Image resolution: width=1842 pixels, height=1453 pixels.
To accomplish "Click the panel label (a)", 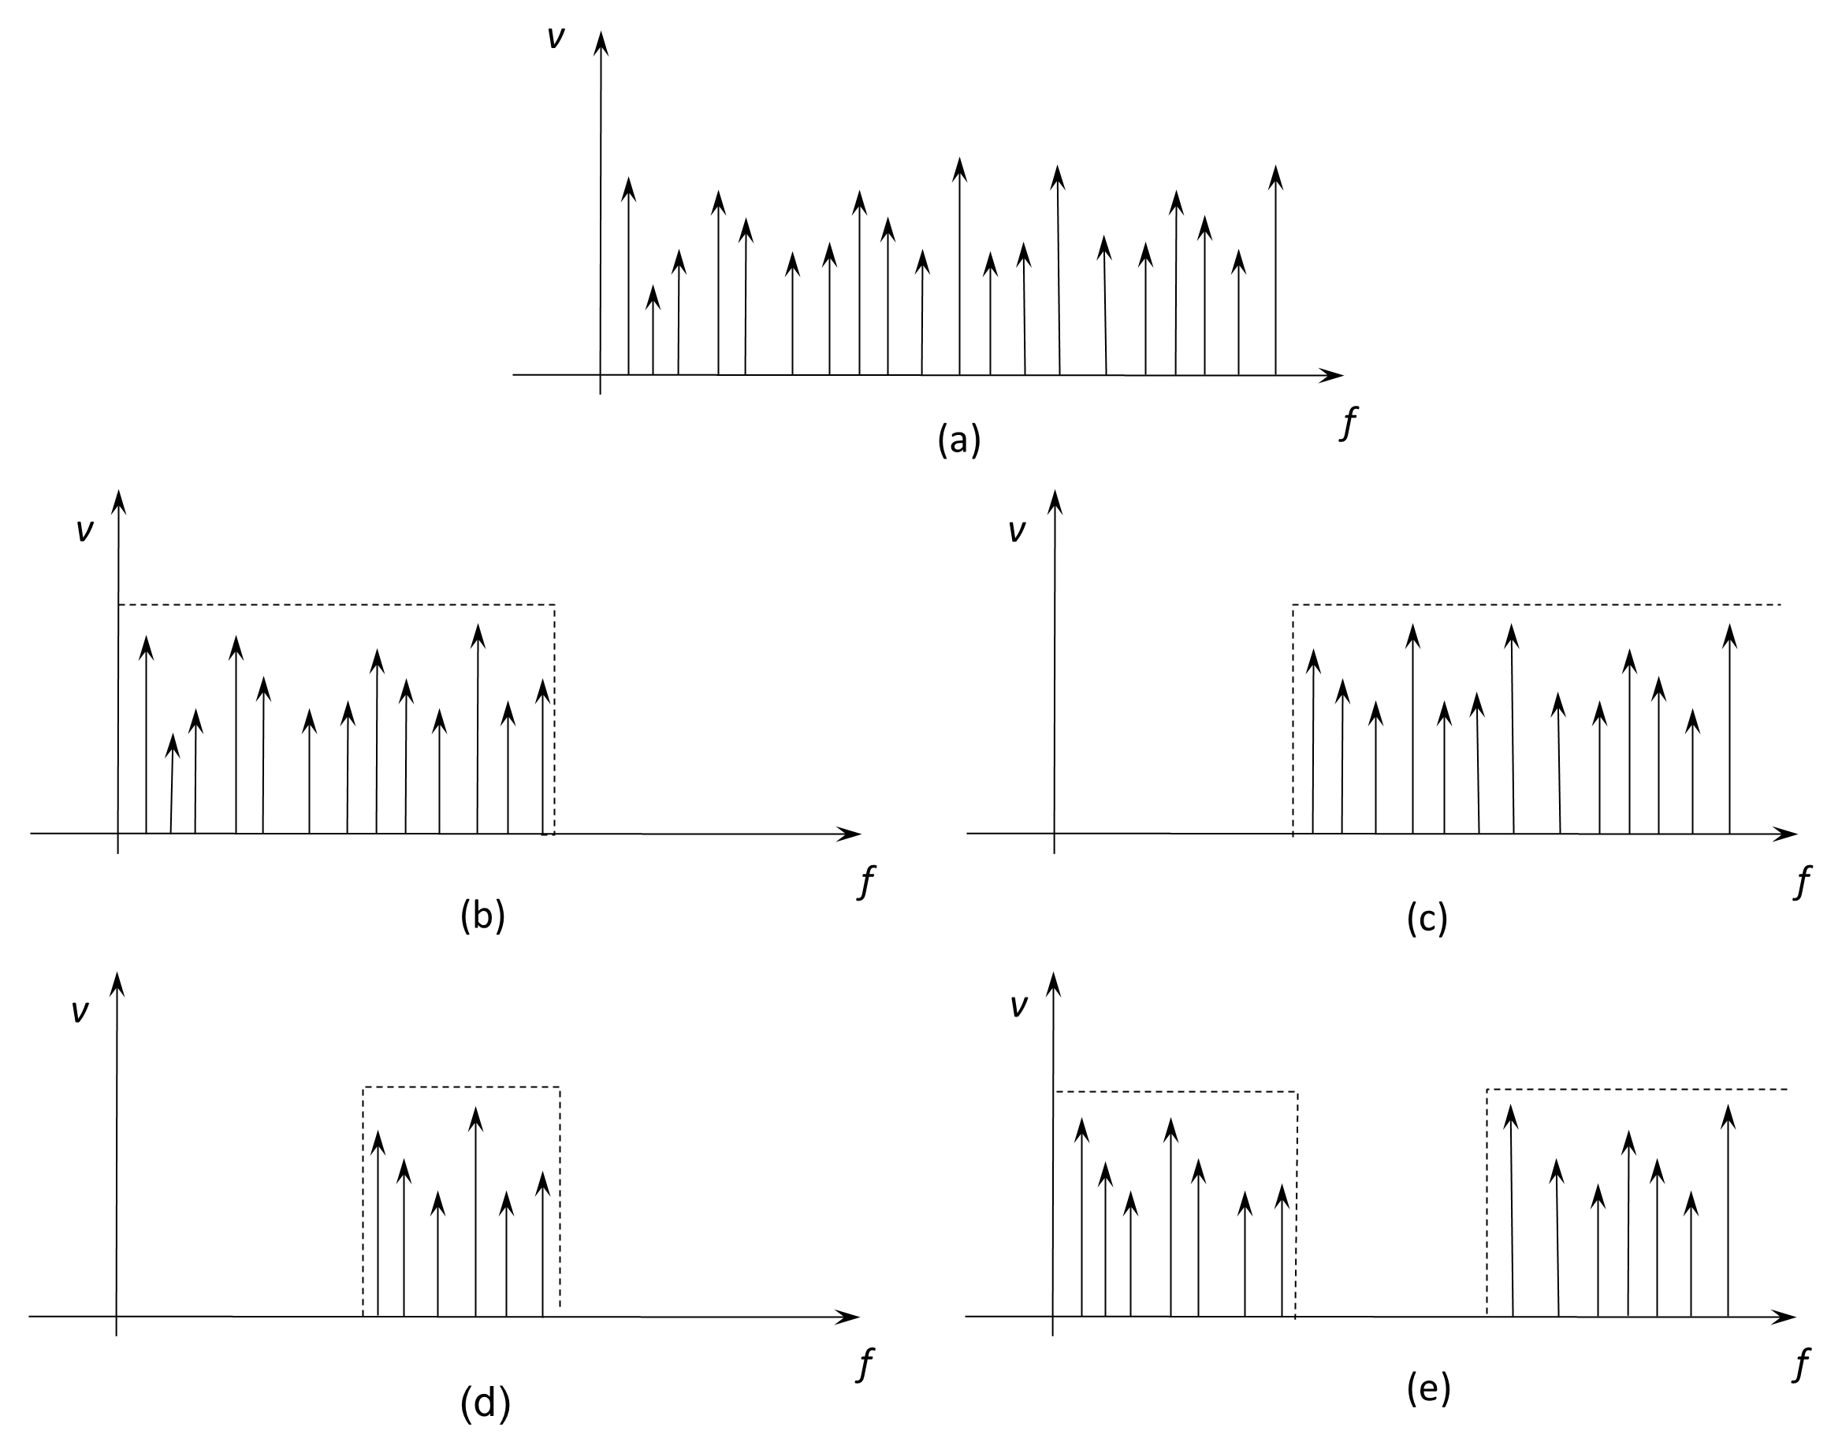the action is point(959,440).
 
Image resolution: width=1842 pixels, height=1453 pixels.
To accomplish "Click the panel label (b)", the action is point(482,916).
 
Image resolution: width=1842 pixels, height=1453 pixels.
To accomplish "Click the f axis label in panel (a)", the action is point(1348,423).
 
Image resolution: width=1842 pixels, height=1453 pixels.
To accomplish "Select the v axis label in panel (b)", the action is point(84,531).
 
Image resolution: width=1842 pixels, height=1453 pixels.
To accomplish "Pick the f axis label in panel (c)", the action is point(1802,883).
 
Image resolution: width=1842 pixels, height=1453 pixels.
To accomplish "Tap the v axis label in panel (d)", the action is point(80,1012).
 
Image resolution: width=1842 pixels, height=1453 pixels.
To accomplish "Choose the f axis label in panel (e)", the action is point(1800,1366).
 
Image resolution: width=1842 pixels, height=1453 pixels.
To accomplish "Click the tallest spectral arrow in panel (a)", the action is point(960,266).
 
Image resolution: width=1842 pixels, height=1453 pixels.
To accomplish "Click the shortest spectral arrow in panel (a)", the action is point(653,330).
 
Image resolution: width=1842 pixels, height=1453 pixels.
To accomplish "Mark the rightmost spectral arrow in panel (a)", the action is point(1275,269).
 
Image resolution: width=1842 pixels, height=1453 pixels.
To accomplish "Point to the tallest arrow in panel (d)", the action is point(475,1212).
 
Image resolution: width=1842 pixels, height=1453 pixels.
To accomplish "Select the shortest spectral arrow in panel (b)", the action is point(172,783).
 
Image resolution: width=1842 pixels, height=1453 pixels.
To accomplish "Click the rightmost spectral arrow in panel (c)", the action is point(1730,729).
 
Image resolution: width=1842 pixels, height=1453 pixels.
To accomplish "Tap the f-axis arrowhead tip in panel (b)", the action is point(861,834).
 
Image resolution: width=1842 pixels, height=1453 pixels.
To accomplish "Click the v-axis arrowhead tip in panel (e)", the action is point(1054,972).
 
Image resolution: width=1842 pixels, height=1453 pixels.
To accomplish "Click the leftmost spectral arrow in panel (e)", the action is point(1081,1218).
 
